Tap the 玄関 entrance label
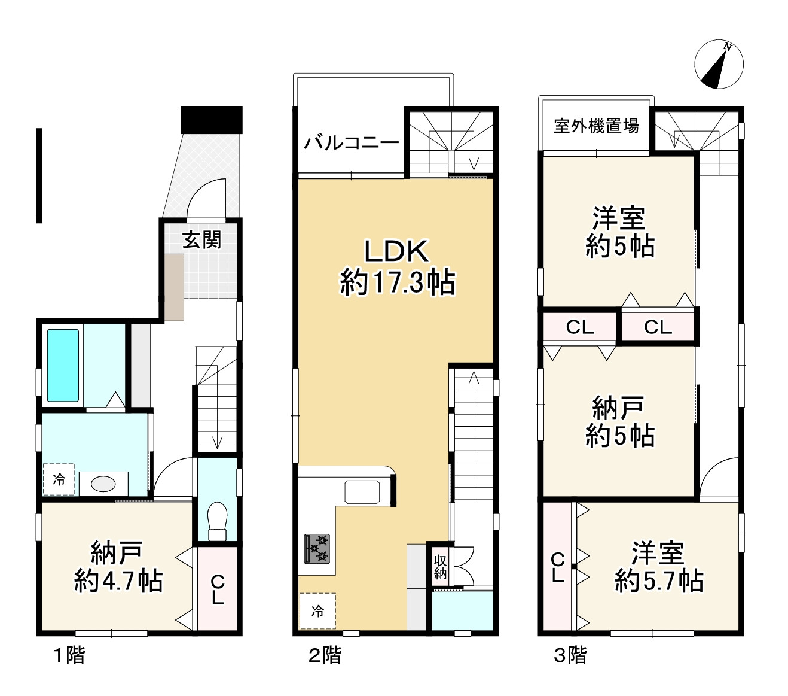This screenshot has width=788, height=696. pos(202,239)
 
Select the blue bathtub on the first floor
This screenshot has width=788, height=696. pos(63,365)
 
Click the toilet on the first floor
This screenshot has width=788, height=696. pos(217,521)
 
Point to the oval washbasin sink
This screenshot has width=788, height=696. pos(103,484)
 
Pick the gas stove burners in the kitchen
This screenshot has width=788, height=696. pos(317,549)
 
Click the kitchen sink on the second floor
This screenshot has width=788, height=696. pos(362,492)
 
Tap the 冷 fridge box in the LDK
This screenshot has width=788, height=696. pos(317,611)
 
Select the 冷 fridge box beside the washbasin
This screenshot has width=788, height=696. pos(59,479)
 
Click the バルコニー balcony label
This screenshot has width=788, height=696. pos(351,143)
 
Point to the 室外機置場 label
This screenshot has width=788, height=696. pos(596,126)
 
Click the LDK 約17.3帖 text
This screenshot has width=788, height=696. pos(397,267)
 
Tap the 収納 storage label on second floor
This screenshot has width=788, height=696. pos(440,567)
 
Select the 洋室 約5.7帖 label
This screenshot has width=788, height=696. pos(658,567)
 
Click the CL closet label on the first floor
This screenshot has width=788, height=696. pos(218,589)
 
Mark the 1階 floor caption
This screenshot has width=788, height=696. pos(69,655)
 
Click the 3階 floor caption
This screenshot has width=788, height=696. pos(570,655)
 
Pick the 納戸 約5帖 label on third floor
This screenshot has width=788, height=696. pos(619,421)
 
